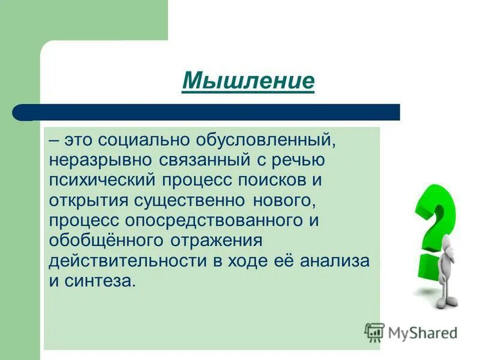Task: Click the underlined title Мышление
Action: [x=248, y=81]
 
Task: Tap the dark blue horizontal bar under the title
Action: [x=207, y=112]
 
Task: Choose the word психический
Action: [x=108, y=181]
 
